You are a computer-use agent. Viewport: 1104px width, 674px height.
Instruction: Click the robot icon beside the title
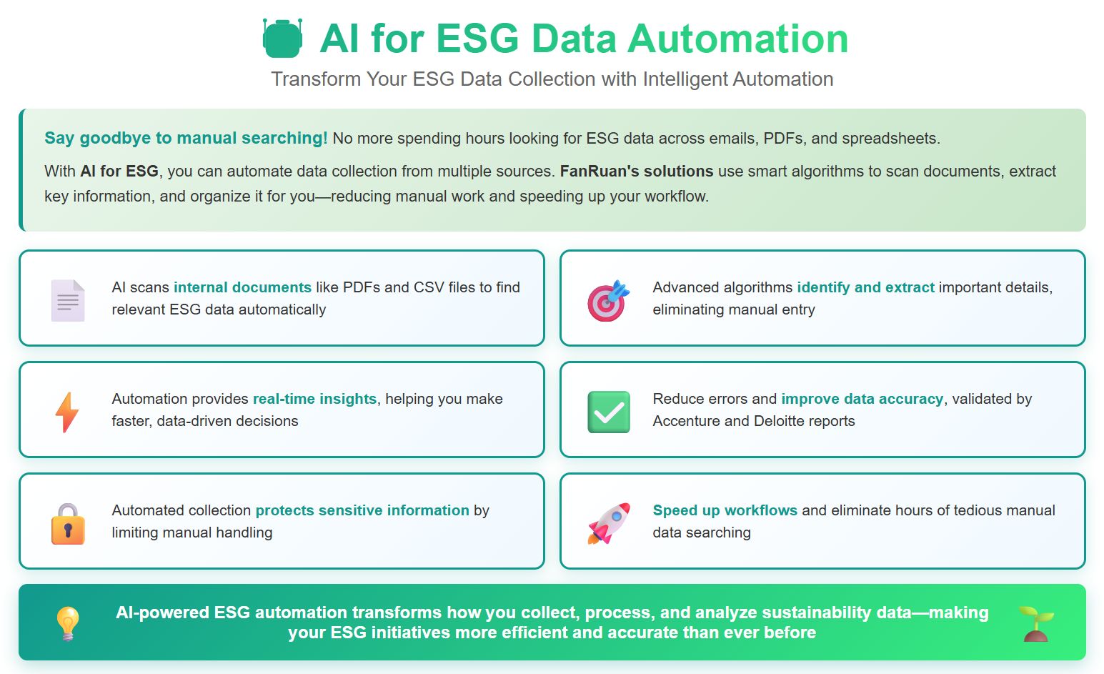tap(282, 39)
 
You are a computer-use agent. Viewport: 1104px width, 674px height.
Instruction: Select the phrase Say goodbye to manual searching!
tap(186, 138)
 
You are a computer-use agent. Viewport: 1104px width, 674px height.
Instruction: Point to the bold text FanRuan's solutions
tap(636, 172)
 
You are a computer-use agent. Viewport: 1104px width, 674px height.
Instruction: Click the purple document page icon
tap(68, 300)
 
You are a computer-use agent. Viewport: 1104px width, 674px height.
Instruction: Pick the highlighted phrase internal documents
tap(242, 287)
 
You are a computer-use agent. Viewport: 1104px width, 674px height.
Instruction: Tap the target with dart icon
tap(608, 301)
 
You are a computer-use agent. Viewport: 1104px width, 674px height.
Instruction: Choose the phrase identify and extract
tap(865, 287)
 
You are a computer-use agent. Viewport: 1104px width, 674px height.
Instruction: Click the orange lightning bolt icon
tap(67, 412)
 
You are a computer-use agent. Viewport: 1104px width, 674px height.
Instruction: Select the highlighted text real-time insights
tap(314, 399)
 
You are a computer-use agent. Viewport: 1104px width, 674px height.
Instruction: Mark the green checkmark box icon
tap(609, 412)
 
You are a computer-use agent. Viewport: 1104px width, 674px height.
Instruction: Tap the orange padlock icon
tap(68, 524)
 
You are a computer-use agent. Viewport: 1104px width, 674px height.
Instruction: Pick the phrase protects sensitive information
tap(362, 510)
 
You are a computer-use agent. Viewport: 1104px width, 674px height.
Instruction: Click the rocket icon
tap(609, 523)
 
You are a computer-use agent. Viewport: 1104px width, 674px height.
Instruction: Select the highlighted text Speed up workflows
tap(725, 510)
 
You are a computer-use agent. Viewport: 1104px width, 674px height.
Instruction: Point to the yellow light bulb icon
tap(68, 623)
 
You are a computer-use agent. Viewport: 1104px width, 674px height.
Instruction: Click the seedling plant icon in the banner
tap(1036, 623)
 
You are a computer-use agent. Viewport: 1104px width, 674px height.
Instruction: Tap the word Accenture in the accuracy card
tap(686, 421)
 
